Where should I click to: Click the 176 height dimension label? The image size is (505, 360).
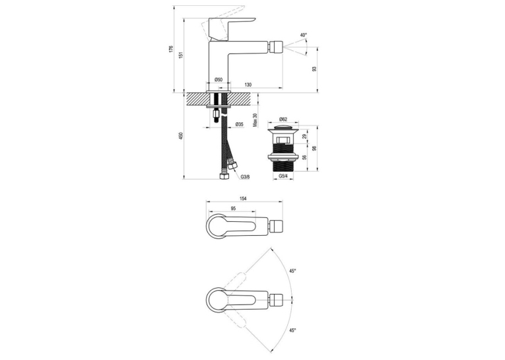171,49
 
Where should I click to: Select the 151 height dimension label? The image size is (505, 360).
181,55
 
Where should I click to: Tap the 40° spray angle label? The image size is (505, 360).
304,35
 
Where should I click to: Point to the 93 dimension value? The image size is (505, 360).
315,69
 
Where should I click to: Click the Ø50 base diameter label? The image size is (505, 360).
219,80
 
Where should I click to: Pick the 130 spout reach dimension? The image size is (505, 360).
248,85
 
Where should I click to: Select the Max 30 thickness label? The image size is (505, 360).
255,120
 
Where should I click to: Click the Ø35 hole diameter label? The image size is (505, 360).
239,124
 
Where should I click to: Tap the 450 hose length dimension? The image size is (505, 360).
181,135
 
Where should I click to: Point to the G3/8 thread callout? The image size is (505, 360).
245,176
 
